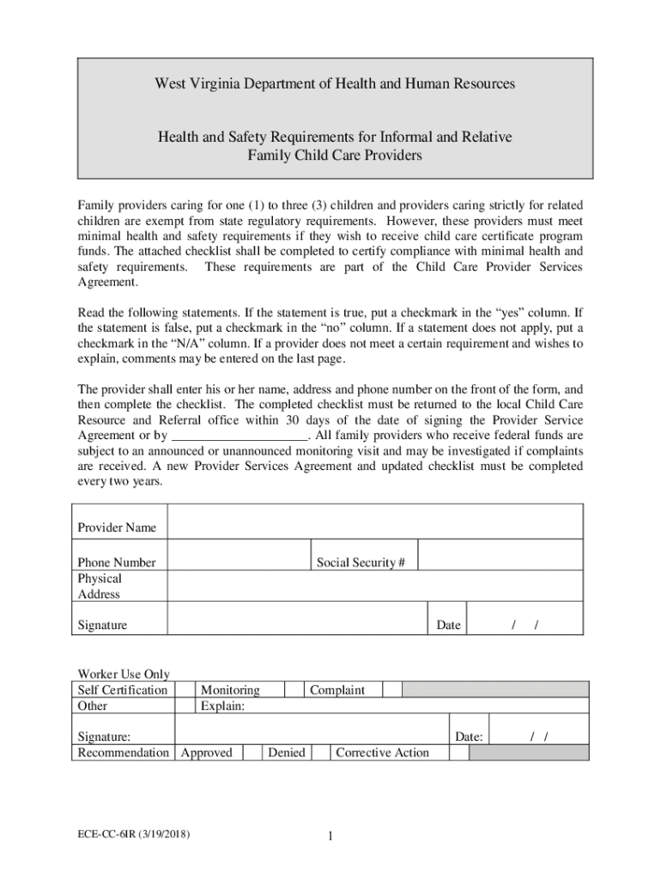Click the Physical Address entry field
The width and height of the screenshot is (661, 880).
(375, 586)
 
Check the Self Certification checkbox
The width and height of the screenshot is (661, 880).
(185, 689)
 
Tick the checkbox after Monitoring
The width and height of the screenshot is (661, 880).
(294, 689)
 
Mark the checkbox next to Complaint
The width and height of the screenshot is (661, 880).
(391, 689)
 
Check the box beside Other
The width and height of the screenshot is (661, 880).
(185, 706)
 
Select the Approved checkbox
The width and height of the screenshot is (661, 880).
(252, 753)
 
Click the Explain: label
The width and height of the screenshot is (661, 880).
(222, 706)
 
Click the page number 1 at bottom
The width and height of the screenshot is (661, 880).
(330, 837)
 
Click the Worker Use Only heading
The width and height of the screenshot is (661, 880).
(124, 674)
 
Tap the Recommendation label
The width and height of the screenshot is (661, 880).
(123, 753)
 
